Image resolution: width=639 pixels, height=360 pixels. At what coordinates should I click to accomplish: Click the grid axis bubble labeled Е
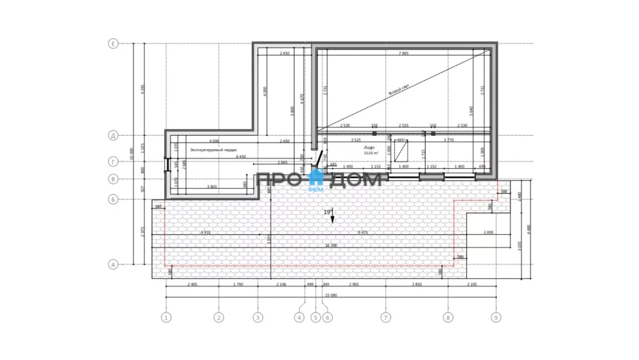click(x=113, y=43)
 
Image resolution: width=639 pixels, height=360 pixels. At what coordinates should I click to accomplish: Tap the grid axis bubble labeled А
click(x=113, y=263)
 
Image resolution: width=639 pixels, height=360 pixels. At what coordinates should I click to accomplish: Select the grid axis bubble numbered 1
click(x=166, y=317)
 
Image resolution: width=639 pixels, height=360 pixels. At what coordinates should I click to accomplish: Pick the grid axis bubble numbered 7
click(x=385, y=317)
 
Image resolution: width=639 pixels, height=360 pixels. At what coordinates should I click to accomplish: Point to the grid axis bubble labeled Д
click(x=113, y=136)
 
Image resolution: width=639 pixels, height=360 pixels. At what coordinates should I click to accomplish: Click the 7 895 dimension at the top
click(x=404, y=53)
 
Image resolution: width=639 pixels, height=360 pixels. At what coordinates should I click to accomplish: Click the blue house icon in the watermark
click(x=315, y=179)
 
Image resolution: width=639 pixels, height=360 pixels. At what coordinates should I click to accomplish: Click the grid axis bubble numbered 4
click(x=298, y=317)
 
